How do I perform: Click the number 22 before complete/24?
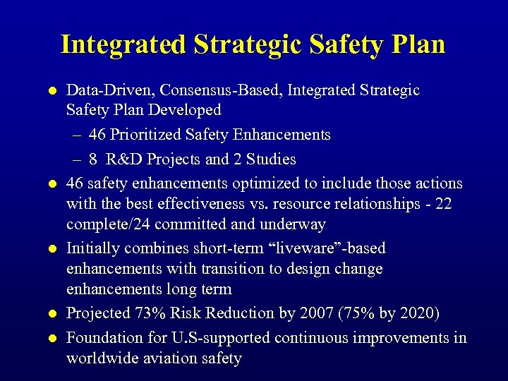click(442, 205)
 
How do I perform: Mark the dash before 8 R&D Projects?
click(76, 159)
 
